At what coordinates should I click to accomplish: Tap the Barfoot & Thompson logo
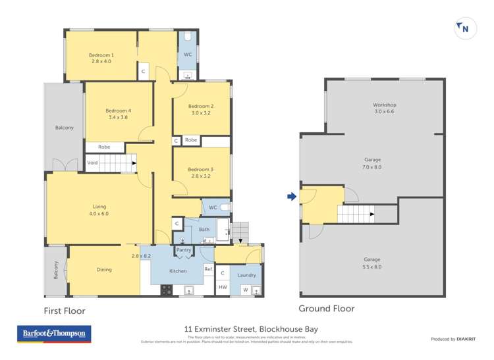click(x=53, y=334)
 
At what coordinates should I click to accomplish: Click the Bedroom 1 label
click(x=101, y=55)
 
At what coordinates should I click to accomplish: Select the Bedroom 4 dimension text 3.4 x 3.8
click(x=119, y=118)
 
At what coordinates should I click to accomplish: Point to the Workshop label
click(x=384, y=105)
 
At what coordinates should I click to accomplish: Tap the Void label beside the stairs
click(x=92, y=162)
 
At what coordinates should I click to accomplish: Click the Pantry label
click(x=184, y=250)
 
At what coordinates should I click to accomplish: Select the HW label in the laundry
click(x=223, y=288)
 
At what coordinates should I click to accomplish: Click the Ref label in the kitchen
click(x=207, y=269)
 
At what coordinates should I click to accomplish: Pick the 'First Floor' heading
click(x=65, y=311)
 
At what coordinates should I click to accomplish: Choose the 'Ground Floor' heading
click(x=326, y=308)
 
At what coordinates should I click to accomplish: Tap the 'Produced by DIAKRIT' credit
click(x=453, y=339)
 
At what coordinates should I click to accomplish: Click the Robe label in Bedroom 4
click(x=104, y=147)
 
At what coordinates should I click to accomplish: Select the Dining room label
click(x=103, y=269)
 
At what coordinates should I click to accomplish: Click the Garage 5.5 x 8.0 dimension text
click(x=373, y=267)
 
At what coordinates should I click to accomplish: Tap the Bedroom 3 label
click(x=200, y=170)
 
